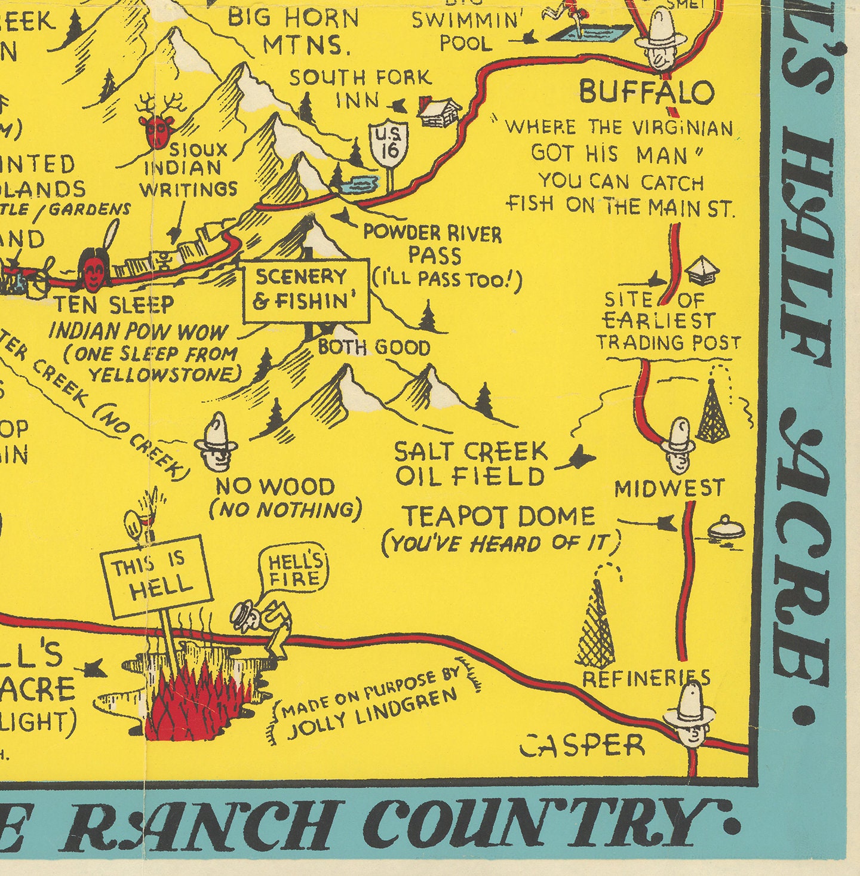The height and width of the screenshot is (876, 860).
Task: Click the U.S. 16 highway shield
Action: pyautogui.click(x=389, y=144)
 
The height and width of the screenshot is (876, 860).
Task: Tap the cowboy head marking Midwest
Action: pyautogui.click(x=679, y=445)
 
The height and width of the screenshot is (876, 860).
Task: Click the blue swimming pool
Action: pyautogui.click(x=589, y=32)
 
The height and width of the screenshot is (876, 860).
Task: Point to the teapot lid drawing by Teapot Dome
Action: pyautogui.click(x=726, y=528)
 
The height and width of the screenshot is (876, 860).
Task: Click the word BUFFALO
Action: pyautogui.click(x=647, y=93)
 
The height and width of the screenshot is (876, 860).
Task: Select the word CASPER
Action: pyautogui.click(x=582, y=746)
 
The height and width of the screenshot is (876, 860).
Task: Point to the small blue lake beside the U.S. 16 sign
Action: pyautogui.click(x=359, y=185)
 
